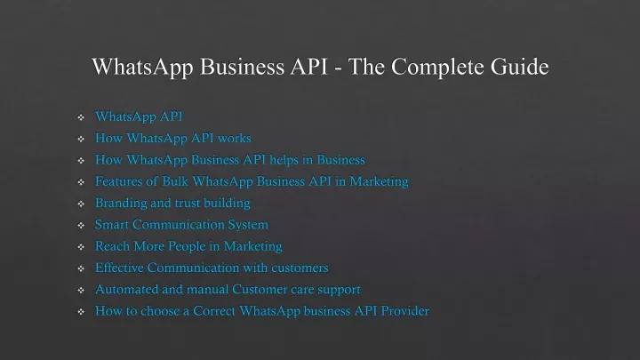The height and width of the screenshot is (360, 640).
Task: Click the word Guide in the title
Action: pyautogui.click(x=520, y=66)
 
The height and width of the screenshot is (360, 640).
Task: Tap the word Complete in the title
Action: pyautogui.click(x=438, y=68)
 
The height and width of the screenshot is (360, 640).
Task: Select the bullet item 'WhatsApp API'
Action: pyautogui.click(x=139, y=116)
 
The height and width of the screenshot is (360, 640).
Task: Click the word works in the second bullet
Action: pyautogui.click(x=235, y=138)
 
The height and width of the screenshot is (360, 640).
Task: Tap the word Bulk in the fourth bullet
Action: pyautogui.click(x=175, y=181)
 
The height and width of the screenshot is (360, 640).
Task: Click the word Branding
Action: pyautogui.click(x=121, y=204)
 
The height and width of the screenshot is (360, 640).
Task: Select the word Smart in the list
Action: pyautogui.click(x=111, y=225)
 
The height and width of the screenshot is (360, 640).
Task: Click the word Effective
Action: pyautogui.click(x=119, y=268)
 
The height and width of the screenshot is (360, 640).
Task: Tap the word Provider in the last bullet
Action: pyautogui.click(x=405, y=311)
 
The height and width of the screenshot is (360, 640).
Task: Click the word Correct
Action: pyautogui.click(x=214, y=311)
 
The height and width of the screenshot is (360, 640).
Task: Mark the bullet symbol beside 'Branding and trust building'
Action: pyautogui.click(x=81, y=204)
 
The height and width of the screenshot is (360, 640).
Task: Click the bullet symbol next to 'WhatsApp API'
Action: pyautogui.click(x=81, y=117)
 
